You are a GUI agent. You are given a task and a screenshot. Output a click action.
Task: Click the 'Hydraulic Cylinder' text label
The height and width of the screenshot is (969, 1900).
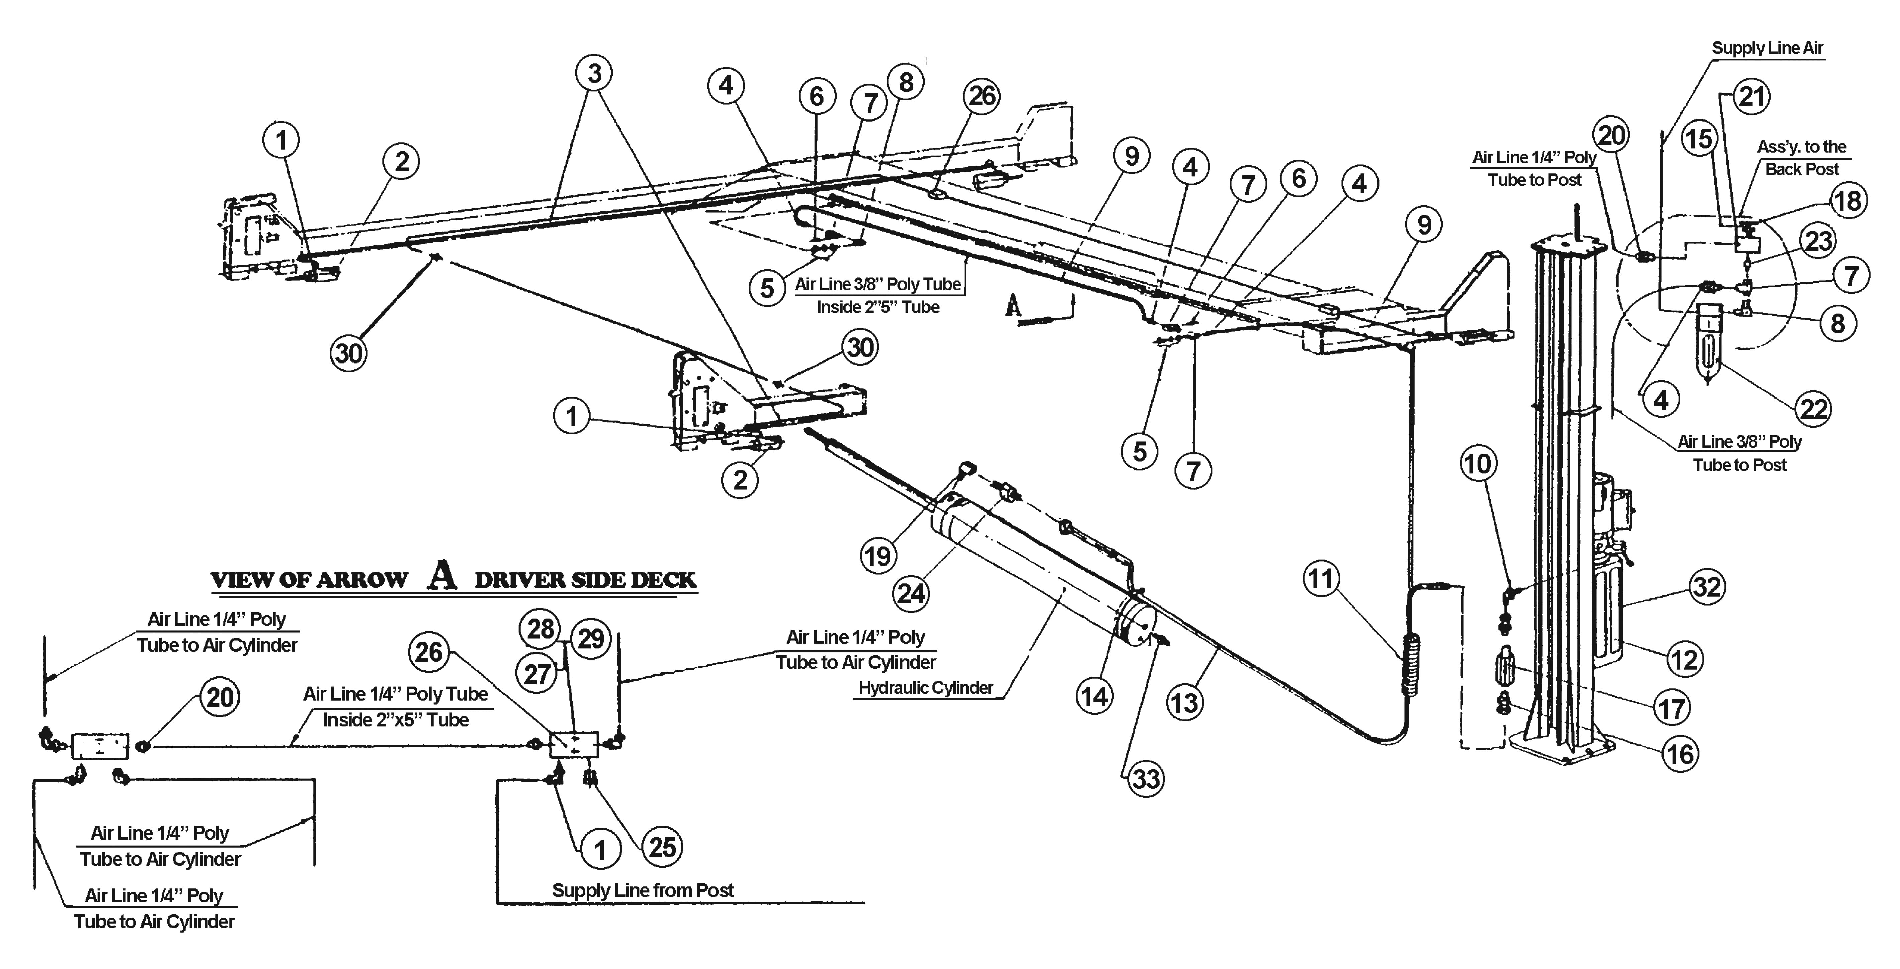point(926,688)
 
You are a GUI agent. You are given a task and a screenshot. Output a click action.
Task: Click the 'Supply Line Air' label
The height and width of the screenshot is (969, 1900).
point(1767,48)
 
